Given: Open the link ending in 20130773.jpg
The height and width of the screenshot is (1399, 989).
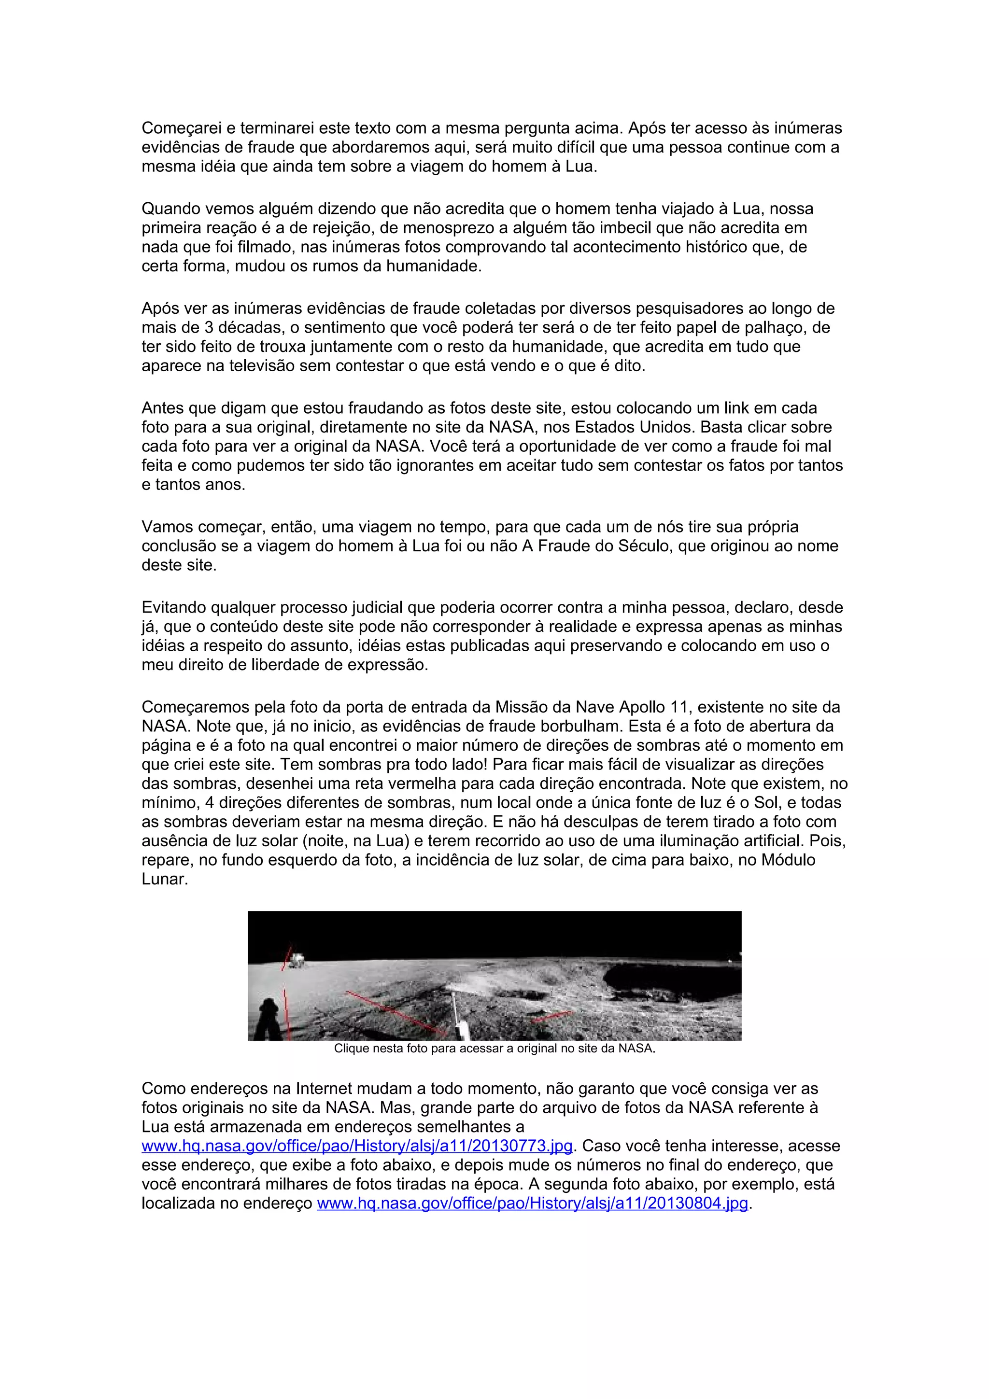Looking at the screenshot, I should point(357,1146).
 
